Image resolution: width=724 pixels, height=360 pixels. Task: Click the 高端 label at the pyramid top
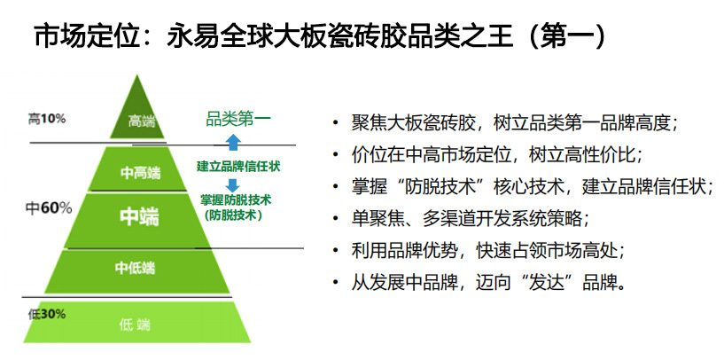142,122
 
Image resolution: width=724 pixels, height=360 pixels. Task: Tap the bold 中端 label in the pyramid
139,216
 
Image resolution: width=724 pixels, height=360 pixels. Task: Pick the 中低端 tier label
136,268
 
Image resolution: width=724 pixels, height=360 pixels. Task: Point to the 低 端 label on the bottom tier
135,325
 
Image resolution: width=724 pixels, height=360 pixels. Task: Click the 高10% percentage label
46,119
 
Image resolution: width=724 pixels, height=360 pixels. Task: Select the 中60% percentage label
49,208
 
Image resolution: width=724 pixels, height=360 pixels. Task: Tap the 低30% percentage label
46,315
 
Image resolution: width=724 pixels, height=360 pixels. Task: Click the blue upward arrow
234,142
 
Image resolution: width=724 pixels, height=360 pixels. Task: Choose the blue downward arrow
233,185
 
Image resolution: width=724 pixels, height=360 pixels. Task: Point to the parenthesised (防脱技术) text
233,215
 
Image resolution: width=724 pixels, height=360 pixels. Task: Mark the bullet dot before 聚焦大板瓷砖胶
335,124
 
